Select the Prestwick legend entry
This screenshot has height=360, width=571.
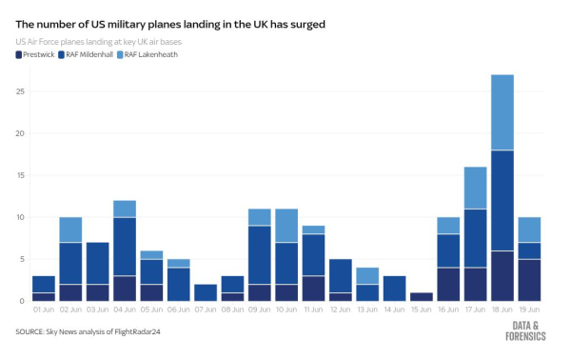pyautogui.click(x=35, y=54)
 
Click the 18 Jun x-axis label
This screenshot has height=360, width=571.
pyautogui.click(x=502, y=310)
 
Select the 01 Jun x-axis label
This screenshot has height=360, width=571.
pyautogui.click(x=44, y=310)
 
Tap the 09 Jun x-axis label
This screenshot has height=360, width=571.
pyautogui.click(x=260, y=310)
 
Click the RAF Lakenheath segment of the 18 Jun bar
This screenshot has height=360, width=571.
pyautogui.click(x=502, y=112)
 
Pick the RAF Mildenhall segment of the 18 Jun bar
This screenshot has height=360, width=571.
pyautogui.click(x=502, y=200)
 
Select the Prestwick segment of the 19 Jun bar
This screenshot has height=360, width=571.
pyautogui.click(x=529, y=280)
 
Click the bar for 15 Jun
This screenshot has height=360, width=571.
pyautogui.click(x=422, y=296)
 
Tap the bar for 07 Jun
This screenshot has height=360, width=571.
pyautogui.click(x=206, y=292)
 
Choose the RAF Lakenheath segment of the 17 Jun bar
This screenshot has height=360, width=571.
pyautogui.click(x=476, y=188)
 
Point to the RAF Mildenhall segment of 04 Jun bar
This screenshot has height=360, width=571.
pyautogui.click(x=125, y=246)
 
